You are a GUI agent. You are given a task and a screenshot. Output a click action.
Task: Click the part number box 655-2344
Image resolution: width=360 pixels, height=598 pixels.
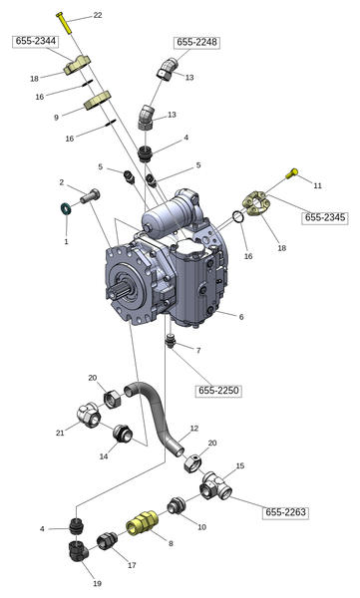36,41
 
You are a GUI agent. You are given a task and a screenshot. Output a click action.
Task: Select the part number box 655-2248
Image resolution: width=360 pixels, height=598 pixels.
197,42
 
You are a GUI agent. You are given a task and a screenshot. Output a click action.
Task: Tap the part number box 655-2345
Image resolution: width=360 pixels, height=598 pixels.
325,217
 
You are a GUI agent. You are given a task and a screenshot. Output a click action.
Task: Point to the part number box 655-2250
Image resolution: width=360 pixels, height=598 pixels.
218,391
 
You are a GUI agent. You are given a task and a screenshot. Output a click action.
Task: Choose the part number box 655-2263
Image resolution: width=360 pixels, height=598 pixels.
285,512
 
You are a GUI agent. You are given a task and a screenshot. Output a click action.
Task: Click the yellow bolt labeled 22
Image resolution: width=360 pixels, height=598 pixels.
64,23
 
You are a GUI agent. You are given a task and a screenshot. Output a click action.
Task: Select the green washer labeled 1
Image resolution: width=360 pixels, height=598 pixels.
66,209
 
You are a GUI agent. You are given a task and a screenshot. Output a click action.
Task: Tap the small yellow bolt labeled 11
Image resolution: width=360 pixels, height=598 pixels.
292,173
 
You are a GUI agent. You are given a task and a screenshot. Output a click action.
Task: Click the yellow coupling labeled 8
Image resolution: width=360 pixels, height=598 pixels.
142,523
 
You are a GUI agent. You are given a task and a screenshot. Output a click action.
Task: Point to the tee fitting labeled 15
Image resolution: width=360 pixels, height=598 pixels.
215,486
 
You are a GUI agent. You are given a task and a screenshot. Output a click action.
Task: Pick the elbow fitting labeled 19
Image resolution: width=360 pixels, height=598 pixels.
78,550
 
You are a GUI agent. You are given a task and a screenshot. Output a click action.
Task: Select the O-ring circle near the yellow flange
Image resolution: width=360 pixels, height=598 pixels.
237,216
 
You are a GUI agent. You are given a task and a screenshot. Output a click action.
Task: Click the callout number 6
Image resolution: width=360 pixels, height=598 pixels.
241,317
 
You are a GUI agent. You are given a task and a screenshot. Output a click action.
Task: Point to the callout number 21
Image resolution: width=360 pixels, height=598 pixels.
60,433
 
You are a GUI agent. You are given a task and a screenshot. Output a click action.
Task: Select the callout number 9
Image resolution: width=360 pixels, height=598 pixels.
56,118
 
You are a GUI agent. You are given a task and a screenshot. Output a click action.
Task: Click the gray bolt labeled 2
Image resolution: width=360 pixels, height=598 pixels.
90,196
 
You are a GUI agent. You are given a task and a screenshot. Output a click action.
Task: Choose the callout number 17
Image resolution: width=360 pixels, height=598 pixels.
132,565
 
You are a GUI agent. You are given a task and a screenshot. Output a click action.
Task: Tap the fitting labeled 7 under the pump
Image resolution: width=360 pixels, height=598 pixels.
172,340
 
